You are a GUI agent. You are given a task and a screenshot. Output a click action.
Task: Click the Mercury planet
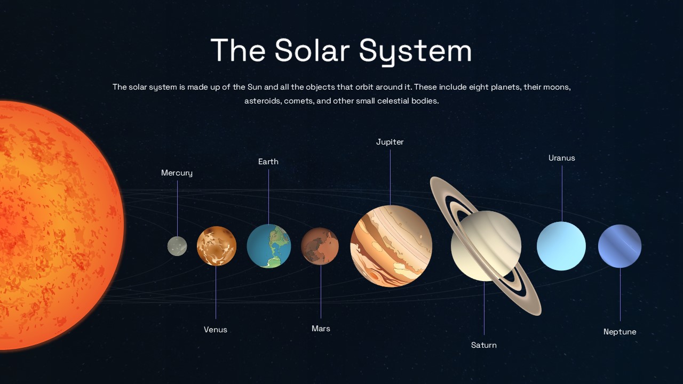click(x=177, y=246)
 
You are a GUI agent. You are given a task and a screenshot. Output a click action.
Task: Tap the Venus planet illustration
click(x=216, y=246)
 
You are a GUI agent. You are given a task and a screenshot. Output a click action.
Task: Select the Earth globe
click(x=268, y=246)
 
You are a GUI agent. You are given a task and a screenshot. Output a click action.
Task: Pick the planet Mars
click(x=320, y=246)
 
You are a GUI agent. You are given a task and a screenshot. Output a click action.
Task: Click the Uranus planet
click(x=561, y=246)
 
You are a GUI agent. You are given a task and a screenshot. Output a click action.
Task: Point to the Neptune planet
click(x=619, y=246)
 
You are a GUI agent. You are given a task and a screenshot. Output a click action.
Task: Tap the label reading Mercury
click(x=177, y=173)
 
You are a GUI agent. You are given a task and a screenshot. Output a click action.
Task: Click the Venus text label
click(x=216, y=330)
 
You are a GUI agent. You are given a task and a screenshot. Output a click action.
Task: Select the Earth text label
click(x=268, y=162)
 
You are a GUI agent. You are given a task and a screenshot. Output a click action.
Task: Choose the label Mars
click(x=321, y=329)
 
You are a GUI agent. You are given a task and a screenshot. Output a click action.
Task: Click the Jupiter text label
click(x=390, y=142)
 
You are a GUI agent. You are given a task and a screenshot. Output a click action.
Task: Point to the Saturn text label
click(x=484, y=345)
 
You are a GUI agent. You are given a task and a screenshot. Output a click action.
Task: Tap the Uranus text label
click(x=562, y=158)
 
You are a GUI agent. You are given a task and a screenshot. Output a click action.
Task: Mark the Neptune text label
click(x=620, y=332)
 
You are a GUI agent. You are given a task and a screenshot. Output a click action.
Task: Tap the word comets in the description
click(x=299, y=101)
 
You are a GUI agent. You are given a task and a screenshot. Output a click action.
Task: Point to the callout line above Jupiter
click(x=390, y=176)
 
